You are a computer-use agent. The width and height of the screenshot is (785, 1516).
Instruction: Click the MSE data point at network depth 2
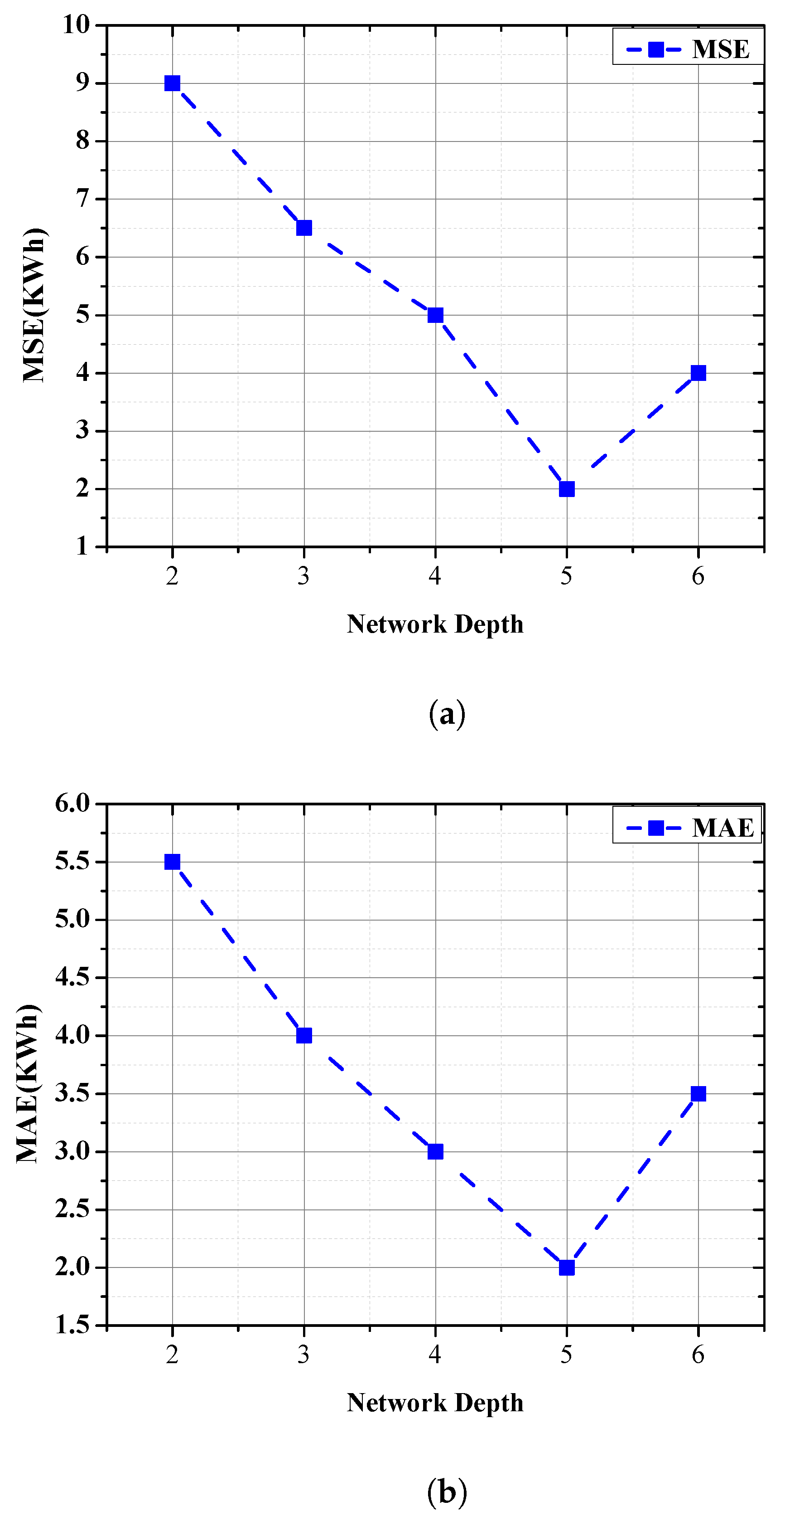pyautogui.click(x=172, y=83)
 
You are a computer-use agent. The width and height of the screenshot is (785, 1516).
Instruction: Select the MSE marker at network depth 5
pyautogui.click(x=567, y=489)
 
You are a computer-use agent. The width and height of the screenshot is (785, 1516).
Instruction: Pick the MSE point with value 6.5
pyautogui.click(x=304, y=228)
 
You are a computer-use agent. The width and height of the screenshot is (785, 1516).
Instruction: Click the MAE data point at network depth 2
pyautogui.click(x=172, y=862)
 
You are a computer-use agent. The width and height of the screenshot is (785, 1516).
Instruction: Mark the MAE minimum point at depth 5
pyautogui.click(x=567, y=1267)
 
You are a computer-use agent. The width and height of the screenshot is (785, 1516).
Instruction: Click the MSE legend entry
pyautogui.click(x=688, y=49)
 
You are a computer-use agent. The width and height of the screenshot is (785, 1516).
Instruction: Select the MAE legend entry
pyautogui.click(x=688, y=828)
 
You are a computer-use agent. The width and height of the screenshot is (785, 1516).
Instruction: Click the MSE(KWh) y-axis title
pyautogui.click(x=34, y=305)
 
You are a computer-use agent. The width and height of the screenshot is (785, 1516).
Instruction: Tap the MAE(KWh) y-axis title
pyautogui.click(x=27, y=1083)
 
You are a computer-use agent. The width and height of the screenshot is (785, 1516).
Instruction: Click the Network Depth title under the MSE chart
pyautogui.click(x=435, y=624)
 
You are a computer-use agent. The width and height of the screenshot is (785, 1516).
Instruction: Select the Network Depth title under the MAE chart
pyautogui.click(x=435, y=1403)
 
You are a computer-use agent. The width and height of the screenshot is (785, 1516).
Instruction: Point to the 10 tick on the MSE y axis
pyautogui.click(x=77, y=25)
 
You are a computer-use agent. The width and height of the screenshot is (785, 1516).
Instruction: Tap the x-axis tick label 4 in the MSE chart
pyautogui.click(x=435, y=576)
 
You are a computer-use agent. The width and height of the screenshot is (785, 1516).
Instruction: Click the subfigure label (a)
pyautogui.click(x=447, y=714)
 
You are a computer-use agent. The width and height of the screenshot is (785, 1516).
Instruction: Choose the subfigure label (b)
pyautogui.click(x=447, y=1491)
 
